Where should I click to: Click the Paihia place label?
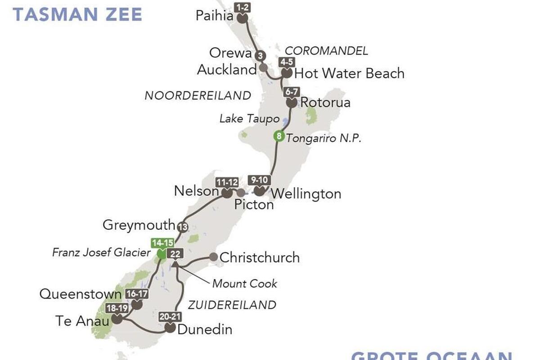point(214,16)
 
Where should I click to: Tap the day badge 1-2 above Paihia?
point(242,7)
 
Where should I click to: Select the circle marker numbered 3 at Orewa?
point(260,56)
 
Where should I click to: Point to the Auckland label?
point(227,70)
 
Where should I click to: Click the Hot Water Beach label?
point(349,73)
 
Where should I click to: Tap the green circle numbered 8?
point(279,136)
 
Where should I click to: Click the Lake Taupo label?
point(248,119)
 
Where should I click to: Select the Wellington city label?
point(306,194)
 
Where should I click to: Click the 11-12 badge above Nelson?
point(226,183)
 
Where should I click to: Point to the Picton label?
point(254,205)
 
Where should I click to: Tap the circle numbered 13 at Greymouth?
point(182,227)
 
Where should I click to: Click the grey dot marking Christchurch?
point(213,257)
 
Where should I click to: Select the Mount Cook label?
point(244,283)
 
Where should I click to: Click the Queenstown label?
point(81,294)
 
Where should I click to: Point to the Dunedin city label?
point(205,330)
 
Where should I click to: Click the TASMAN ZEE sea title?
point(77,14)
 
